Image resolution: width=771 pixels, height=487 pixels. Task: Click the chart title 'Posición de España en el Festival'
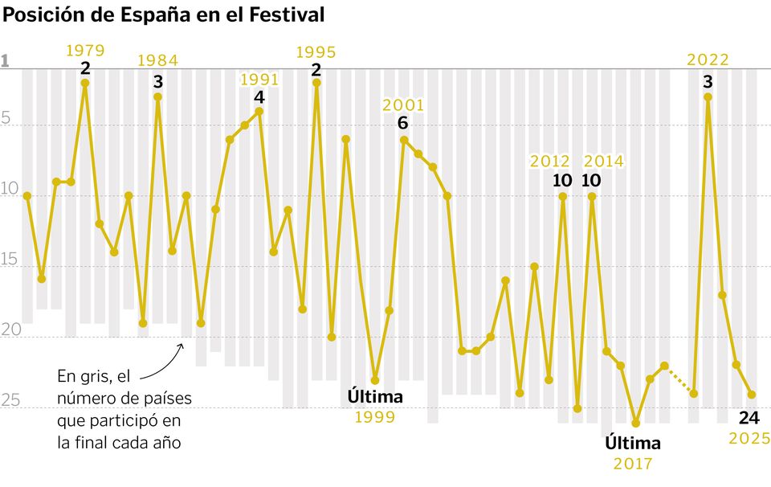(164, 14)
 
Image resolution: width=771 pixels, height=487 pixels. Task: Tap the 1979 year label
(85, 51)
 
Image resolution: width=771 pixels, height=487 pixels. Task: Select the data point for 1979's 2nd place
(85, 83)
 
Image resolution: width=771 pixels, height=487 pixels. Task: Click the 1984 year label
(157, 60)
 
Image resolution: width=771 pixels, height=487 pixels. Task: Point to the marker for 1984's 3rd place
(157, 96)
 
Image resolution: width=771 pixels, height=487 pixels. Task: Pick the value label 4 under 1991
(259, 96)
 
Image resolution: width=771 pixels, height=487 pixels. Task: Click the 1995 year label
(316, 52)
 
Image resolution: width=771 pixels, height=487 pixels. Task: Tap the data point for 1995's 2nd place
(316, 82)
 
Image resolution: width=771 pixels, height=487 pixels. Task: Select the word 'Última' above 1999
(375, 396)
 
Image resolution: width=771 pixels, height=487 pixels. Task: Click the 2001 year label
(403, 105)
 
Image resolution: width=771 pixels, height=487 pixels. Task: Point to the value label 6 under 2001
(403, 123)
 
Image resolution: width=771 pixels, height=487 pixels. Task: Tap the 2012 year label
(549, 162)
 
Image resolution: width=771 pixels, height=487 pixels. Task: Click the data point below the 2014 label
(592, 196)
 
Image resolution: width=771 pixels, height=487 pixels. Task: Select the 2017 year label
(633, 464)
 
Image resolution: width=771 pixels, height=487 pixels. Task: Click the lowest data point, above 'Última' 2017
(635, 423)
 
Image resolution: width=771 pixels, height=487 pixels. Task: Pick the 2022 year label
(708, 59)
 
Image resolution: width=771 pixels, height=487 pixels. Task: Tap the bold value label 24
(749, 417)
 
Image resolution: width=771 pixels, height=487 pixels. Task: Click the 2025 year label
(749, 438)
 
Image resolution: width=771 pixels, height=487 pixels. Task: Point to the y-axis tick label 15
(10, 260)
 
